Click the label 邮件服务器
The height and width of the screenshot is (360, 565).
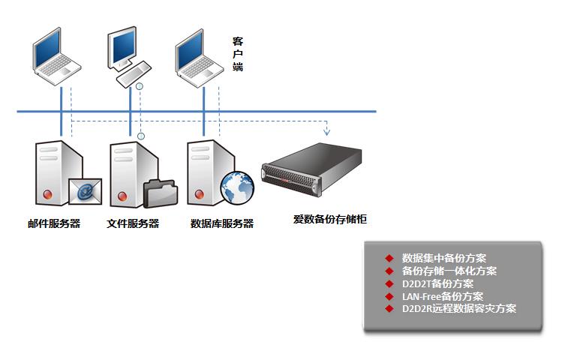[54, 223]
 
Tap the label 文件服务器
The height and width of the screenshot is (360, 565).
[133, 223]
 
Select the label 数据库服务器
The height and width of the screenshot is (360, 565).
[222, 223]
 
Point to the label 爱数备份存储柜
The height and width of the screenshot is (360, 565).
[329, 219]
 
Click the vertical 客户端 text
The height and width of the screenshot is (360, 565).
[238, 55]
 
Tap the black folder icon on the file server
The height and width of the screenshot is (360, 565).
[159, 193]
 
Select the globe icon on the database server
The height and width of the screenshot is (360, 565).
[237, 188]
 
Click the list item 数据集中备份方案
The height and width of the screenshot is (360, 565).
[444, 258]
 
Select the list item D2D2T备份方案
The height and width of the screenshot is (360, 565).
[437, 283]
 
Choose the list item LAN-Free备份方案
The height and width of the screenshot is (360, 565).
[443, 296]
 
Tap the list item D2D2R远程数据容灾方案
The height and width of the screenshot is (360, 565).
[459, 308]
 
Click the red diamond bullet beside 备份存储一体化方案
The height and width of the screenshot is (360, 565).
[389, 271]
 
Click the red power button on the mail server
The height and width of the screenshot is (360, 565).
[48, 195]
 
